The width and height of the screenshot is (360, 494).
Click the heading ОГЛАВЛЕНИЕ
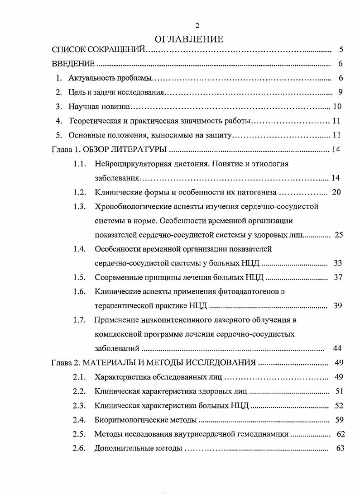point(190,39)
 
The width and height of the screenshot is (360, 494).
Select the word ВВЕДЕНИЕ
point(73,64)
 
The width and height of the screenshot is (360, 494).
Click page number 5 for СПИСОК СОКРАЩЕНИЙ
point(341,50)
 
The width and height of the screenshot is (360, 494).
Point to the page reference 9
point(340,93)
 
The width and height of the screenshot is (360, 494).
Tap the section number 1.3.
point(80,207)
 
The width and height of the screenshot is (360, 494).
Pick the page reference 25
point(338,235)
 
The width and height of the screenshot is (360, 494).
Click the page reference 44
point(337,348)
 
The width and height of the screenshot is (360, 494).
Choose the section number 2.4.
point(79,420)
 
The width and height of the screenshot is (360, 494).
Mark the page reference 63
point(341,448)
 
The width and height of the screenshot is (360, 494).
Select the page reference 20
point(336,192)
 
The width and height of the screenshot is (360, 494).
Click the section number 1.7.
point(80,320)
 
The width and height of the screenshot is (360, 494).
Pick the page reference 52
point(339,406)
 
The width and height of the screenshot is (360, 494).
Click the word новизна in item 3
point(115,107)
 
